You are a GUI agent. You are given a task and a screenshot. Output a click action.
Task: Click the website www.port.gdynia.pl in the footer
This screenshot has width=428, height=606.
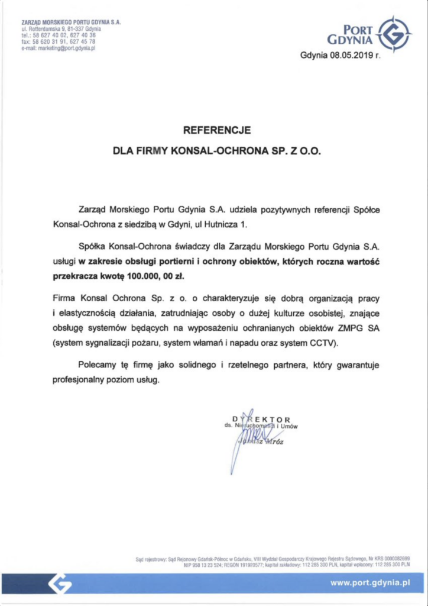tap(370, 583)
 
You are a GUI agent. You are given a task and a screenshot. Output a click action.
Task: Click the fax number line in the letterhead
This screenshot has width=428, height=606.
tap(58, 42)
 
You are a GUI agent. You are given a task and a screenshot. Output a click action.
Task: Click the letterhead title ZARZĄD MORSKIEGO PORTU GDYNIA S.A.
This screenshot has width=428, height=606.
tap(71, 22)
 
